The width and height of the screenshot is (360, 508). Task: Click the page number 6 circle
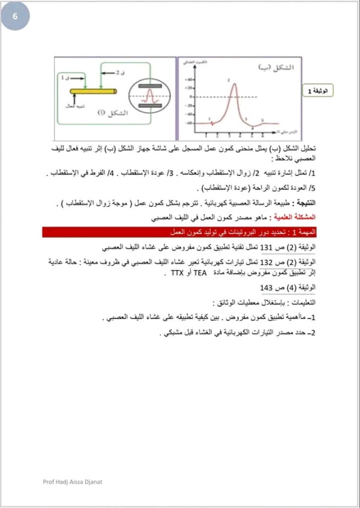tap(15, 16)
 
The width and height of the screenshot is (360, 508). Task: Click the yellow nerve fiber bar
tap(92, 91)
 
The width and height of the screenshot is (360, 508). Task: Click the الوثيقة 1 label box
tap(317, 91)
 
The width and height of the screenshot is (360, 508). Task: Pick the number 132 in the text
tap(266, 262)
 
